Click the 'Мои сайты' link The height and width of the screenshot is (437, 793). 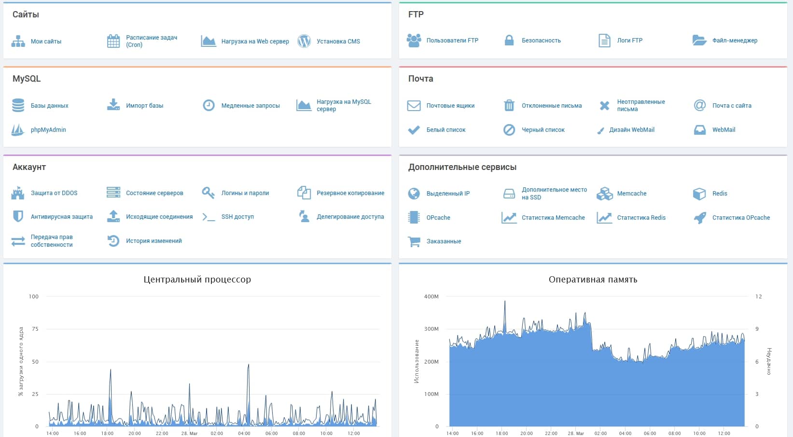pyautogui.click(x=46, y=42)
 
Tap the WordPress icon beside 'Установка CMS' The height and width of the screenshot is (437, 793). pyautogui.click(x=304, y=41)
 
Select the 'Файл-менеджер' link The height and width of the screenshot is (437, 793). pyautogui.click(x=735, y=41)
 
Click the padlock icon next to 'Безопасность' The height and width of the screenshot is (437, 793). pyautogui.click(x=509, y=41)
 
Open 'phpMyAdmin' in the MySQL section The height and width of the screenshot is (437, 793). pyautogui.click(x=48, y=129)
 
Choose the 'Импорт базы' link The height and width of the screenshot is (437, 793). pyautogui.click(x=144, y=106)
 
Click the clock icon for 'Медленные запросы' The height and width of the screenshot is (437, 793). pyautogui.click(x=209, y=105)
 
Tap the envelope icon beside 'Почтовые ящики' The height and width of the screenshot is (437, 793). pyautogui.click(x=414, y=106)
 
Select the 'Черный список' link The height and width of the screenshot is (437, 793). pyautogui.click(x=543, y=130)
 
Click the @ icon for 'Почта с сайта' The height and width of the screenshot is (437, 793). pyautogui.click(x=699, y=105)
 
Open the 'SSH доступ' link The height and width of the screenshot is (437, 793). pyautogui.click(x=237, y=217)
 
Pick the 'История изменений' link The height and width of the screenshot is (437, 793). pyautogui.click(x=153, y=241)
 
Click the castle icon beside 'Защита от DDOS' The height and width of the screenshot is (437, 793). pyautogui.click(x=18, y=193)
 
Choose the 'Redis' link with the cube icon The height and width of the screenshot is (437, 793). pyautogui.click(x=719, y=193)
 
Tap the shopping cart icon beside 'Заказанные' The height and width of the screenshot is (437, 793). pyautogui.click(x=414, y=241)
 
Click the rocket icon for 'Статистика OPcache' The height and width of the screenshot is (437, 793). pyautogui.click(x=699, y=217)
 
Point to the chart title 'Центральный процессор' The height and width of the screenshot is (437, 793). pyautogui.click(x=197, y=280)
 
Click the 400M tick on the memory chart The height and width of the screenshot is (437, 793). pyautogui.click(x=431, y=296)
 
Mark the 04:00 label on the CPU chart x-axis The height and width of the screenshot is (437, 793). pyautogui.click(x=244, y=433)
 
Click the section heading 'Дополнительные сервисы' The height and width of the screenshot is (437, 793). pyautogui.click(x=462, y=167)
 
